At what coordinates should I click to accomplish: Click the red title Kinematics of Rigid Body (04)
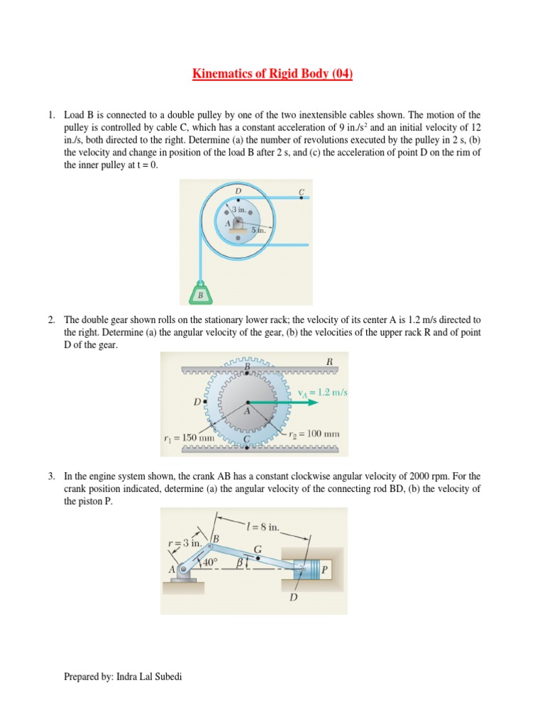(x=272, y=74)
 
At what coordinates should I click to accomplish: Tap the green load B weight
(x=201, y=293)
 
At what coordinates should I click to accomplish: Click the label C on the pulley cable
(x=302, y=192)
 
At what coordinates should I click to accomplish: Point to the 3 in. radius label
(x=238, y=210)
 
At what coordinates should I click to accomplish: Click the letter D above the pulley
(x=238, y=191)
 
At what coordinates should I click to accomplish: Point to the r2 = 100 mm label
(x=314, y=432)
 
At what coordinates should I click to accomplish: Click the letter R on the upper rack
(x=329, y=361)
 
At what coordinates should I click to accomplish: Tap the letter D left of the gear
(x=197, y=402)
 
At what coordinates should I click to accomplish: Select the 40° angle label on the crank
(x=209, y=563)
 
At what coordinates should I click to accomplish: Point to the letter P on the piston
(x=325, y=569)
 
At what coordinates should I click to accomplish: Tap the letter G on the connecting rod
(x=257, y=549)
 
